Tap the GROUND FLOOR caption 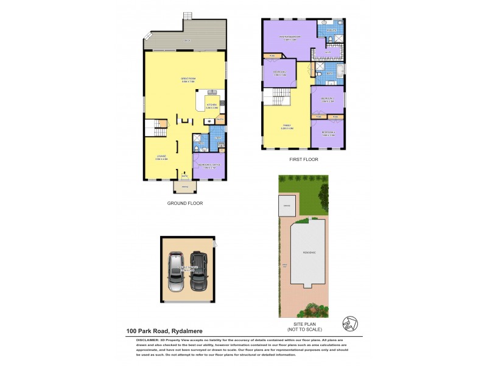184,203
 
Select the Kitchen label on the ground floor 211,106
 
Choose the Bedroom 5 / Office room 208,166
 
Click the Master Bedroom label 290,37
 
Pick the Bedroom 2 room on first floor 279,75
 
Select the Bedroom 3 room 328,99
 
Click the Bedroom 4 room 328,134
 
